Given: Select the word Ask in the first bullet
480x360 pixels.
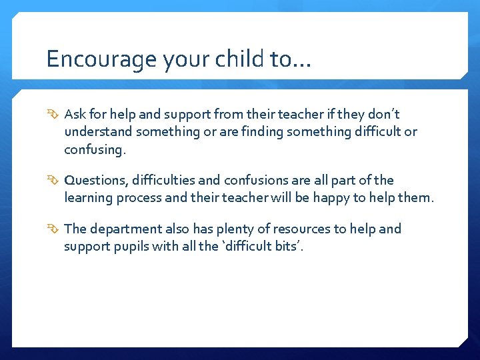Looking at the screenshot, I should (x=75, y=115).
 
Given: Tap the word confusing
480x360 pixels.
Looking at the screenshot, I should (x=94, y=149).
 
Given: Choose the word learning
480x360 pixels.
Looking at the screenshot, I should (x=89, y=198).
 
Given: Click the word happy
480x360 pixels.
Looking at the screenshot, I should (x=345, y=198).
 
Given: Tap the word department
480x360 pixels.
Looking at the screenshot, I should (x=126, y=229).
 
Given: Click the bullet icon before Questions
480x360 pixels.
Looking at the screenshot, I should (x=53, y=181).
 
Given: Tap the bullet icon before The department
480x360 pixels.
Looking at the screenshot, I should (x=53, y=229).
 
